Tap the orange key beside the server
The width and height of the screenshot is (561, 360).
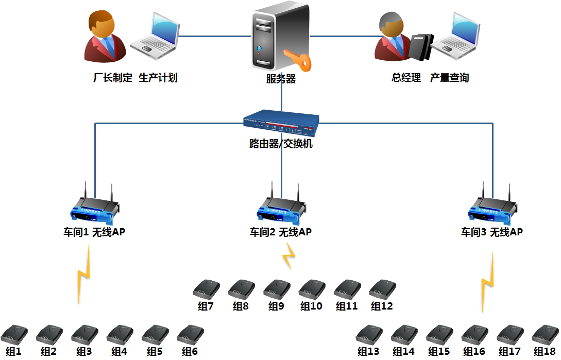(300, 60)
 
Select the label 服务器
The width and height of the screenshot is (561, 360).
(281, 79)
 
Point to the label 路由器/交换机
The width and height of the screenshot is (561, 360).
(281, 144)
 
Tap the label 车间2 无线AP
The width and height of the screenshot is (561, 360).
(281, 232)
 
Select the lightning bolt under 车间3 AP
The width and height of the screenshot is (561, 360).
(488, 282)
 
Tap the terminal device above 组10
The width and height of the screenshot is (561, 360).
(312, 289)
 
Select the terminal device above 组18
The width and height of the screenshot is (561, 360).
(545, 335)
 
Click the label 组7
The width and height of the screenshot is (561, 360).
(206, 306)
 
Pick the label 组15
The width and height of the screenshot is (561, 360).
(439, 352)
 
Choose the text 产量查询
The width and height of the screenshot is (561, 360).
(449, 78)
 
